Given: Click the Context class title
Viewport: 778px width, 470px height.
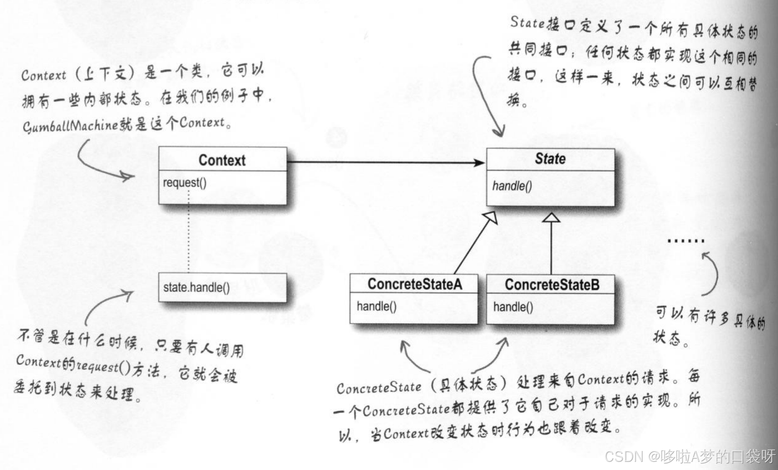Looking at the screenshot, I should tap(222, 160).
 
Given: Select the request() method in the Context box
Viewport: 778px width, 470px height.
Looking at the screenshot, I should tap(184, 182).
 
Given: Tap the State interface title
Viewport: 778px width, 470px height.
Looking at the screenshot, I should tap(550, 158).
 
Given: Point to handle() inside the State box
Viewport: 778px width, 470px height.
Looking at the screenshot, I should tap(512, 186).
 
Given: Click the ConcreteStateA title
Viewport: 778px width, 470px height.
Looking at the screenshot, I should tap(414, 284).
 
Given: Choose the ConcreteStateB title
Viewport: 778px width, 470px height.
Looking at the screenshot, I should tap(552, 284).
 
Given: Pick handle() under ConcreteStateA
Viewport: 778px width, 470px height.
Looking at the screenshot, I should tap(376, 307).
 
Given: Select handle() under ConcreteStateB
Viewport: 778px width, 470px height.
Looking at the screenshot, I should tap(513, 307).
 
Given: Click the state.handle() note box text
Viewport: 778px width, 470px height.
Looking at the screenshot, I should tap(197, 288).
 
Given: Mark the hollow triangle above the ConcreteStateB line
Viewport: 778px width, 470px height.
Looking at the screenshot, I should tap(551, 217).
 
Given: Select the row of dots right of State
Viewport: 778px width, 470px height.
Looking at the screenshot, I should tap(686, 241).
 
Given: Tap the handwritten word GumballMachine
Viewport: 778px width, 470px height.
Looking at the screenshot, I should tap(70, 125).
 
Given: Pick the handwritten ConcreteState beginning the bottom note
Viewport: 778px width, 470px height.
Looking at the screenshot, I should tap(379, 388).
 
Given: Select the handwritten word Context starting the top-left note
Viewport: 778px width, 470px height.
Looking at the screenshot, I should tap(43, 75).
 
